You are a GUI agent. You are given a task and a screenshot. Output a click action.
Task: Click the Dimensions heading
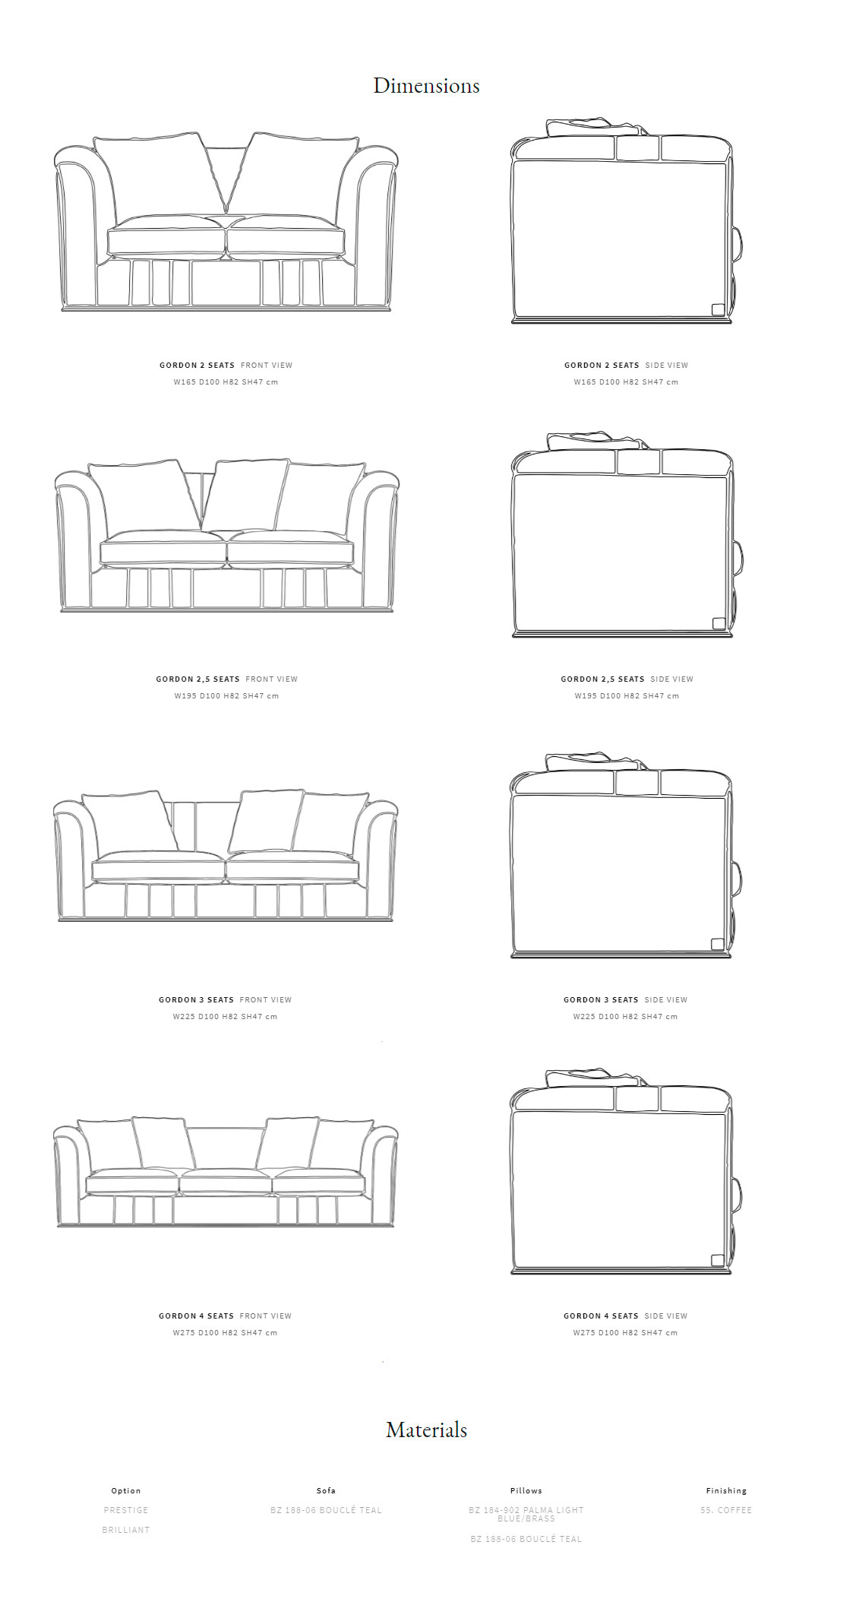(426, 86)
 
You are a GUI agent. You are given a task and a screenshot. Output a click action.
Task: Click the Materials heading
(426, 1430)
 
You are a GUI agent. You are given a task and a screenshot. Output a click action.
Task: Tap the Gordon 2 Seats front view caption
(226, 366)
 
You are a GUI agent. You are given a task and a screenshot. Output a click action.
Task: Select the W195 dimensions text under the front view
(226, 696)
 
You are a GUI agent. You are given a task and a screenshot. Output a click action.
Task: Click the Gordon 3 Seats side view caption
(625, 1000)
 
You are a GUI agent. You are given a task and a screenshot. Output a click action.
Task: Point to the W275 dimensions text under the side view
(625, 1333)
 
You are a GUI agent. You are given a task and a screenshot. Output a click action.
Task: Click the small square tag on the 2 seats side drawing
(718, 309)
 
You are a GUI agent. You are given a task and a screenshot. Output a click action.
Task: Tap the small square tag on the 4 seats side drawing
(718, 1261)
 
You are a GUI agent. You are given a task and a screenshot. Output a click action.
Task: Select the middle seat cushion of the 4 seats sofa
(226, 1182)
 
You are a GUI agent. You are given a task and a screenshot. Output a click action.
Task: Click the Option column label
(126, 1491)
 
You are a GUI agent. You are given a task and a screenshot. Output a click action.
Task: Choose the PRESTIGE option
(126, 1510)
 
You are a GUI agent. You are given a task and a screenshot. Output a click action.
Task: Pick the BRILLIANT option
(126, 1530)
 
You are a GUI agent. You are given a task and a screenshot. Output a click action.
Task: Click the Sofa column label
(326, 1491)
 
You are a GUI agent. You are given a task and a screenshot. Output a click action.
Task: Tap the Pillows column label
(526, 1491)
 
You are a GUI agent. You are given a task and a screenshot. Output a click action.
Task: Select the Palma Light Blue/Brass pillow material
(526, 1514)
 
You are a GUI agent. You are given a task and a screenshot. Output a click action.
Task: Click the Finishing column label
(726, 1491)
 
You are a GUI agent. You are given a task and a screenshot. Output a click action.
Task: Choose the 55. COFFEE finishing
(726, 1510)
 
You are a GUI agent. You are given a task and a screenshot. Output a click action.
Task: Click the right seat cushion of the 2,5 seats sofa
(291, 549)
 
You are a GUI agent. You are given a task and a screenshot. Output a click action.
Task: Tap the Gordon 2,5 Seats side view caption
(627, 679)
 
